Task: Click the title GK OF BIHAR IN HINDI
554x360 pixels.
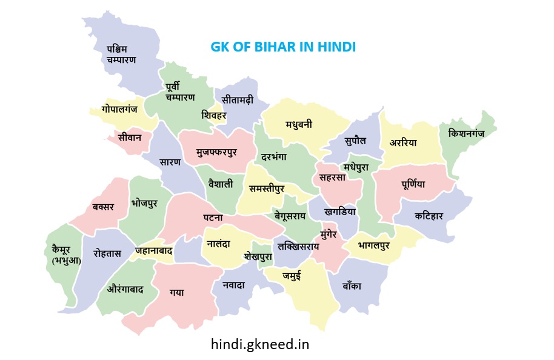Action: [282, 47]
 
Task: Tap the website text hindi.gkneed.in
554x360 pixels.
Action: [260, 344]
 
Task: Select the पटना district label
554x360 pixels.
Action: [213, 217]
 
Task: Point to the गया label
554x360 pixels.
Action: [177, 293]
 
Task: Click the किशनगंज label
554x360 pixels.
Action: [466, 133]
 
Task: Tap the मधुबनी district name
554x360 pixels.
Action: [299, 124]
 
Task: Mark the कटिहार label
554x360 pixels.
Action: [429, 215]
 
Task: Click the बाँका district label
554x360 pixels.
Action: [351, 285]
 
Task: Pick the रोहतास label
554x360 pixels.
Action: [107, 253]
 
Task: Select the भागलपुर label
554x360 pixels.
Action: [373, 245]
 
